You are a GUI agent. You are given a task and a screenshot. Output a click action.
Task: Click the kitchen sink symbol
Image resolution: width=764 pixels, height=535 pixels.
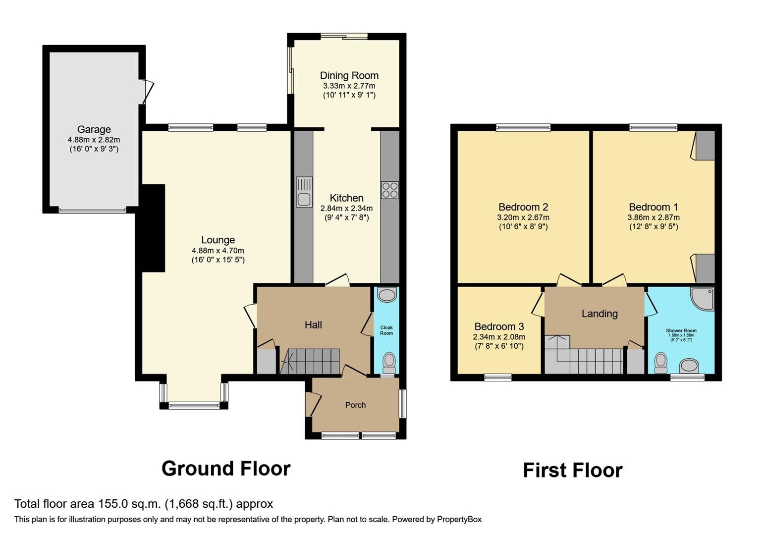coord(304,192)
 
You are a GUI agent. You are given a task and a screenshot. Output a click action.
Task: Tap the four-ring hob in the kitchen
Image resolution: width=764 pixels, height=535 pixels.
coord(389,190)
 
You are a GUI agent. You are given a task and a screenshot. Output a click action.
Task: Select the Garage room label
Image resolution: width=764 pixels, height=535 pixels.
coord(94,130)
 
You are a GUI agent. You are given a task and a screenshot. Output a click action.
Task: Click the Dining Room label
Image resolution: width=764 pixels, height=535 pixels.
coord(349,76)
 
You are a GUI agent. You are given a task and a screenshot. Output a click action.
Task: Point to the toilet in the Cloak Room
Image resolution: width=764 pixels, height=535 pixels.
coord(389,362)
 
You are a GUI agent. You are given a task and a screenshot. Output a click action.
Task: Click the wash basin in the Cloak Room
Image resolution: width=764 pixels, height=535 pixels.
coord(386,295)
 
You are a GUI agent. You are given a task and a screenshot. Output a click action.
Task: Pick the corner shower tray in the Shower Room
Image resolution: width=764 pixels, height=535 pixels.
coord(703,299)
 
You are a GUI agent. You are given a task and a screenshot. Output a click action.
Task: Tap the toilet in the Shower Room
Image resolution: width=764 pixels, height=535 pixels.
coord(660,363)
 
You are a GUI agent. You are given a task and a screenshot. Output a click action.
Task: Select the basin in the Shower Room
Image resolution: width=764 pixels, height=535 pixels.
coord(689,367)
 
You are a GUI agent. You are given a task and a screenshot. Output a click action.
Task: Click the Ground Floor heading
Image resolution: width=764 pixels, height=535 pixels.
coord(226,469)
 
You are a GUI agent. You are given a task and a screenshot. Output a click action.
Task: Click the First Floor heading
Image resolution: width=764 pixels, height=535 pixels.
coord(572,471)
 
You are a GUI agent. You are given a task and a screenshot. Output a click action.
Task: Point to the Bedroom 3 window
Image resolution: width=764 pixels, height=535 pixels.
coord(498,377)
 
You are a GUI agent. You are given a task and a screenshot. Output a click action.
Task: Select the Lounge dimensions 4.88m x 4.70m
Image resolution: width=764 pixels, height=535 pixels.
coord(218,251)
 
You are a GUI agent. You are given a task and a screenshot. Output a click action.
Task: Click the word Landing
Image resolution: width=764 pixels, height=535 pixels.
coord(600,314)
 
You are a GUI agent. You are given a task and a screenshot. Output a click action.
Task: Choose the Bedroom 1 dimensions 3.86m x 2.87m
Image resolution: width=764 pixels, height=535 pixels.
coord(653,217)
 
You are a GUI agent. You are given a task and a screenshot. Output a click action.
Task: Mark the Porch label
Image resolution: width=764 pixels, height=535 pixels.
coord(355,405)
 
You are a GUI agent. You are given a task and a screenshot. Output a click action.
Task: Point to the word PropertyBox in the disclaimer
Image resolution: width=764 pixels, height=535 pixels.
coord(459,520)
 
